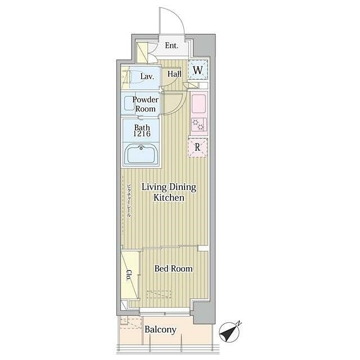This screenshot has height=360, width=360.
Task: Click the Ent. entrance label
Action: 172,46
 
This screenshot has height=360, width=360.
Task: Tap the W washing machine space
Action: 198,70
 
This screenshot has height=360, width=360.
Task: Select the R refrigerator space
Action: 197,147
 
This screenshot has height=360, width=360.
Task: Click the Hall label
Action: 174,74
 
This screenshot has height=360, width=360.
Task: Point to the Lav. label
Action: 147,76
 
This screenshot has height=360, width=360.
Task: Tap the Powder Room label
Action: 145,104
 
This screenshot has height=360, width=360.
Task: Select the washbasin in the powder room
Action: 129,103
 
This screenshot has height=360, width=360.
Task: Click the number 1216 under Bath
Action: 142,134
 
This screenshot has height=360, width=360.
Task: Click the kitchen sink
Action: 199,104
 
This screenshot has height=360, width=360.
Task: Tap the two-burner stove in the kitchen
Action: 199,124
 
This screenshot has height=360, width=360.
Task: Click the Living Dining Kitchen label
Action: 169,192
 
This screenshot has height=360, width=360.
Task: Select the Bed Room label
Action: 173,269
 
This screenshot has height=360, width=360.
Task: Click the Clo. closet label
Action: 129,275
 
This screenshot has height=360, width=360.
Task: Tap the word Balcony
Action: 160,330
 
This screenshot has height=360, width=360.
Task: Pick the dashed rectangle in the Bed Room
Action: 159,295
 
